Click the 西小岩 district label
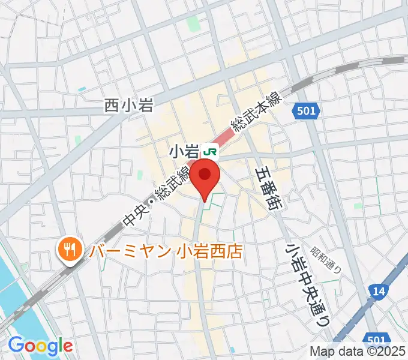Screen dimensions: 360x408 pos(130,106)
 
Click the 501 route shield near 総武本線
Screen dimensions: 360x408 pos(308,110)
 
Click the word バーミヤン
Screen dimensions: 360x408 pos(131,250)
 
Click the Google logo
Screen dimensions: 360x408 pos(40,346)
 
